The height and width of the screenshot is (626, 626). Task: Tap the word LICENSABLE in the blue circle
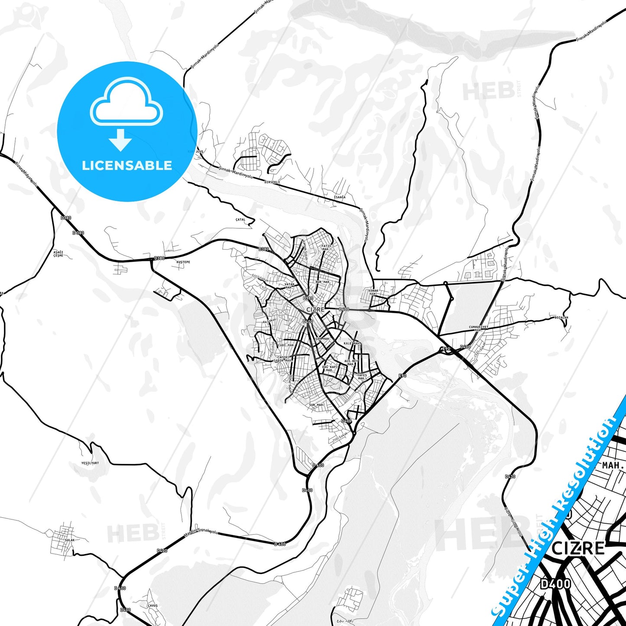pyautogui.click(x=127, y=165)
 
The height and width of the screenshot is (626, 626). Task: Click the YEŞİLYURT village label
pyautogui.click(x=90, y=463)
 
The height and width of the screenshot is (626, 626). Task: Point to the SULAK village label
pyautogui.click(x=69, y=540)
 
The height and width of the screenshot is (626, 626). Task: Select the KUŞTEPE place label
pyautogui.click(x=183, y=262)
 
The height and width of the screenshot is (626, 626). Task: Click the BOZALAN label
pyautogui.click(x=561, y=318)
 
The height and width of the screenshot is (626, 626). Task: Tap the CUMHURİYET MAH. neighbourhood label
pyautogui.click(x=478, y=328)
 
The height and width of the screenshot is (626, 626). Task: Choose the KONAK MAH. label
pyautogui.click(x=373, y=292)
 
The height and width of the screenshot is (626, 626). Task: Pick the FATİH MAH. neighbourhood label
pyautogui.click(x=326, y=247)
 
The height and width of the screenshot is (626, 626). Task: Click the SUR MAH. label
pyautogui.click(x=317, y=405)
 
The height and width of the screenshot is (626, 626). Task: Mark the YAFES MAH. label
pyautogui.click(x=362, y=376)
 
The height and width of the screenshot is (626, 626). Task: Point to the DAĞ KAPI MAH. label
pyautogui.click(x=329, y=368)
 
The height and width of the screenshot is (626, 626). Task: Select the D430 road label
pyautogui.click(x=510, y=477)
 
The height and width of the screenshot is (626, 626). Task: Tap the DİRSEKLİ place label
pyautogui.click(x=272, y=182)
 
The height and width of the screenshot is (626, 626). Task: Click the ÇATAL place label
pyautogui.click(x=240, y=220)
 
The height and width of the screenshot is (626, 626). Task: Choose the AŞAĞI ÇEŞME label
pyautogui.click(x=58, y=254)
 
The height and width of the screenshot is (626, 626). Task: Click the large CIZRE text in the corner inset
pyautogui.click(x=578, y=548)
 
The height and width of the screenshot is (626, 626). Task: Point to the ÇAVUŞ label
pyautogui.click(x=152, y=606)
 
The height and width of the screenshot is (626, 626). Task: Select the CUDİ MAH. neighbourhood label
pyautogui.click(x=286, y=345)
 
